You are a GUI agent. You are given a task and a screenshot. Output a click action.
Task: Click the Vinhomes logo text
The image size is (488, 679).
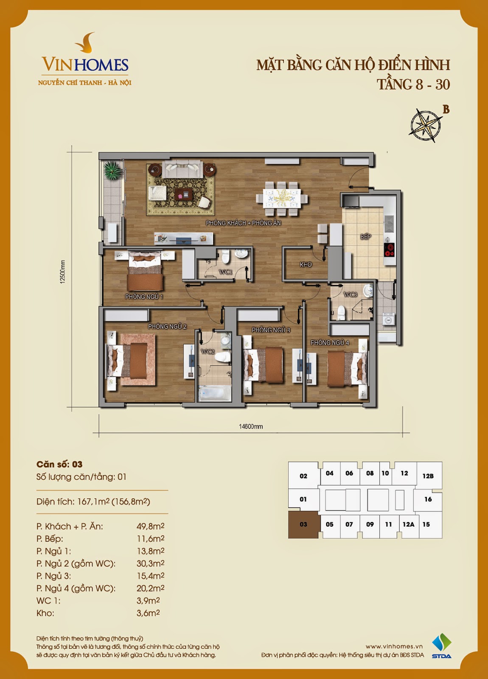tap(85, 65)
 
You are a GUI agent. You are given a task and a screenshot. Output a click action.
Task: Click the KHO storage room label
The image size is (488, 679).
tap(306, 265)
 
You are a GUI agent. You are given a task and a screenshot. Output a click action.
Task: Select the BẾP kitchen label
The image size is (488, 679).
tap(365, 237)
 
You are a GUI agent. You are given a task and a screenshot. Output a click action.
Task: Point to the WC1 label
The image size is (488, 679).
tap(225, 272)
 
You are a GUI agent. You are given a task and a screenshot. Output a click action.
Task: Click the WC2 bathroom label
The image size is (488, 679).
tap(208, 352)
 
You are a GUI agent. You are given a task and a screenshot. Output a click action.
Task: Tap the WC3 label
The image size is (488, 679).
tap(350, 295)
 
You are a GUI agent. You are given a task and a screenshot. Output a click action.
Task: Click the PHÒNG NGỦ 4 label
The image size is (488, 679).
tap(329, 342)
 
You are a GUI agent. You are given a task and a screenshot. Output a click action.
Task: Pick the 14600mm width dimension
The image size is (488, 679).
tap(251, 426)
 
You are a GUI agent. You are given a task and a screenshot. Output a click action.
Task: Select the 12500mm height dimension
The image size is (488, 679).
tap(62, 272)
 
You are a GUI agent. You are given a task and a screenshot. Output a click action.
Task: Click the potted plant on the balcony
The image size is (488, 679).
tap(112, 171)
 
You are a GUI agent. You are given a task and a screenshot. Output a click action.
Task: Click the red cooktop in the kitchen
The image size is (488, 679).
tap(389, 250)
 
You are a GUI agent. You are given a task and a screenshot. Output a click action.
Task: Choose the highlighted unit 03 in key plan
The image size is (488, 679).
tap(304, 525)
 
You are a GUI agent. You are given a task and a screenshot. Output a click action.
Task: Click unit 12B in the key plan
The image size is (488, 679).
tap(428, 476)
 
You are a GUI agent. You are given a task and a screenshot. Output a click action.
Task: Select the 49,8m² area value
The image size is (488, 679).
tap(150, 526)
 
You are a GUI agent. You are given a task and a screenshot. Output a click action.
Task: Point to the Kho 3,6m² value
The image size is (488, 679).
tap(148, 613)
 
